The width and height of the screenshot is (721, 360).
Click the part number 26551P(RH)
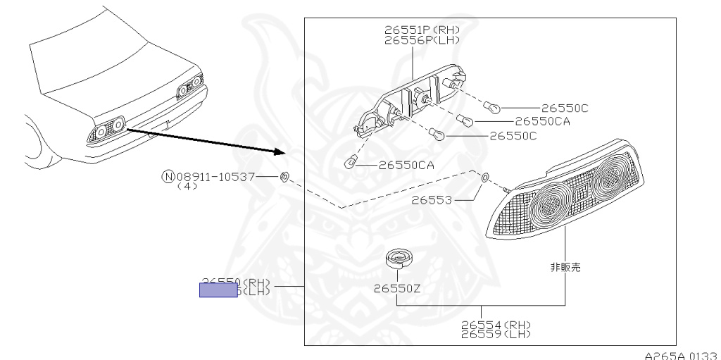pyautogui.click(x=422, y=30)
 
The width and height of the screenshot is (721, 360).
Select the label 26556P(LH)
pyautogui.click(x=422, y=40)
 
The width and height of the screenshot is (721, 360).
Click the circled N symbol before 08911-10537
pyautogui.click(x=168, y=176)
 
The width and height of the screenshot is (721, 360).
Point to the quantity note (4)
pyautogui.click(x=187, y=187)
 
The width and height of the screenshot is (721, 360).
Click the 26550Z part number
pyautogui.click(x=398, y=287)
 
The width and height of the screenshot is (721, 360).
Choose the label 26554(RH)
pyautogui.click(x=496, y=325)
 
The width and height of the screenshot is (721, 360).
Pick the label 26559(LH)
pyautogui.click(x=496, y=335)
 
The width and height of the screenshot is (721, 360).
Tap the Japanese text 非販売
pyautogui.click(x=565, y=268)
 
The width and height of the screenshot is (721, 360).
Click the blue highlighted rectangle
pyautogui.click(x=218, y=289)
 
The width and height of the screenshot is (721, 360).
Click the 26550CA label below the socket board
pyautogui.click(x=406, y=166)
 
